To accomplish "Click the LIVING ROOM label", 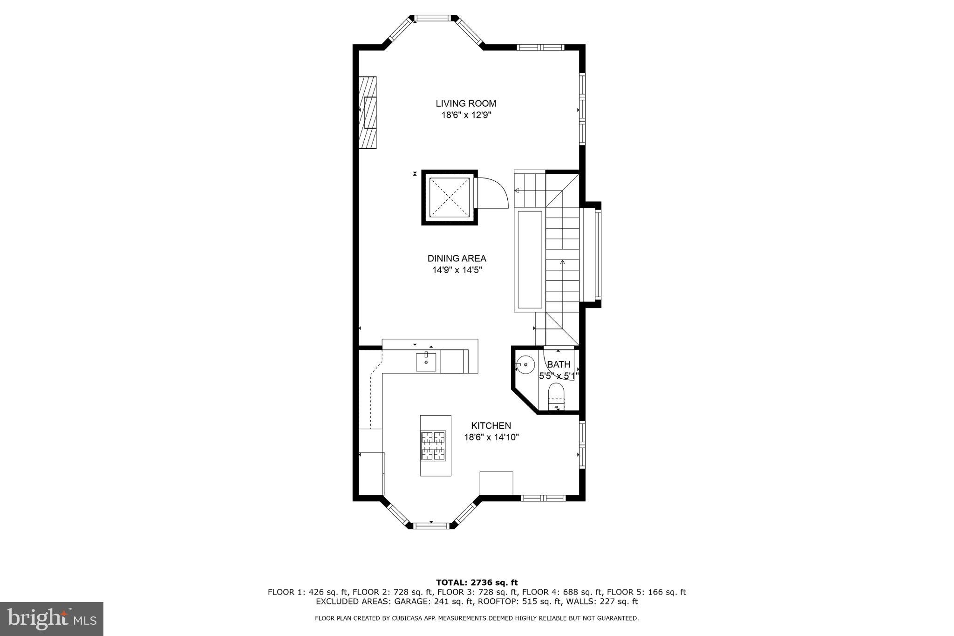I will click(466, 103).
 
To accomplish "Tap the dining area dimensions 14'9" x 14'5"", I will click(457, 270).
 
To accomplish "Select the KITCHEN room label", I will click(491, 425).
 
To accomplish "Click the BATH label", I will click(559, 364).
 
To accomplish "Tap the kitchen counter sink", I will click(426, 362).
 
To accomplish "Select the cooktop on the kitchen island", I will click(434, 446).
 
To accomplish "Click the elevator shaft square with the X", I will click(449, 198).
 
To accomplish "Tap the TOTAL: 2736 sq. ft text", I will click(477, 582).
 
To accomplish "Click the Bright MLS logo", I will click(51, 619).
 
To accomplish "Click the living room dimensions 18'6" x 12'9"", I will click(466, 115).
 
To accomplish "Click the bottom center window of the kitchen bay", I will click(432, 526).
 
